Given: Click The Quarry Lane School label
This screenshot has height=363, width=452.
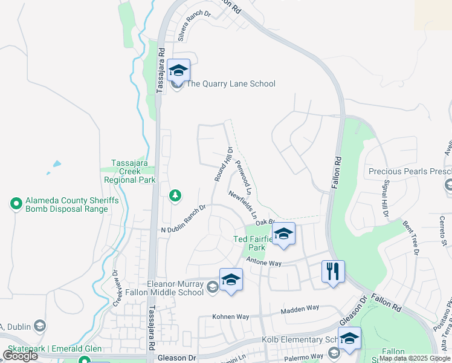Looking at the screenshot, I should click(230, 83).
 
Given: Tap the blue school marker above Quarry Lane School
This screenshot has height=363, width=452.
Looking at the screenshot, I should click(178, 70).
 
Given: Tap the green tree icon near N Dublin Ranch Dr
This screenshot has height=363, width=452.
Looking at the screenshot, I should click(175, 195).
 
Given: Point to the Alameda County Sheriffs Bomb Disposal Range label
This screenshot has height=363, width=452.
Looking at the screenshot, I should click(66, 205).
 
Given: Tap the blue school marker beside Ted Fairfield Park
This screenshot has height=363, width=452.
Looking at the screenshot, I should click(283, 234).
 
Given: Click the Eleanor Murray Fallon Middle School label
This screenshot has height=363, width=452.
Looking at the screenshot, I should click(175, 288).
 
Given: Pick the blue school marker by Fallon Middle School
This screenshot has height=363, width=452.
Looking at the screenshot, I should click(230, 280).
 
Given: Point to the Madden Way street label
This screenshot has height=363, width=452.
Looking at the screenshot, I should click(300, 309).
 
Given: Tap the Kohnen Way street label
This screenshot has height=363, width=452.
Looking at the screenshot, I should click(230, 316).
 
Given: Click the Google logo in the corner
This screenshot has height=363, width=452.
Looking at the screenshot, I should click(20, 356).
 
